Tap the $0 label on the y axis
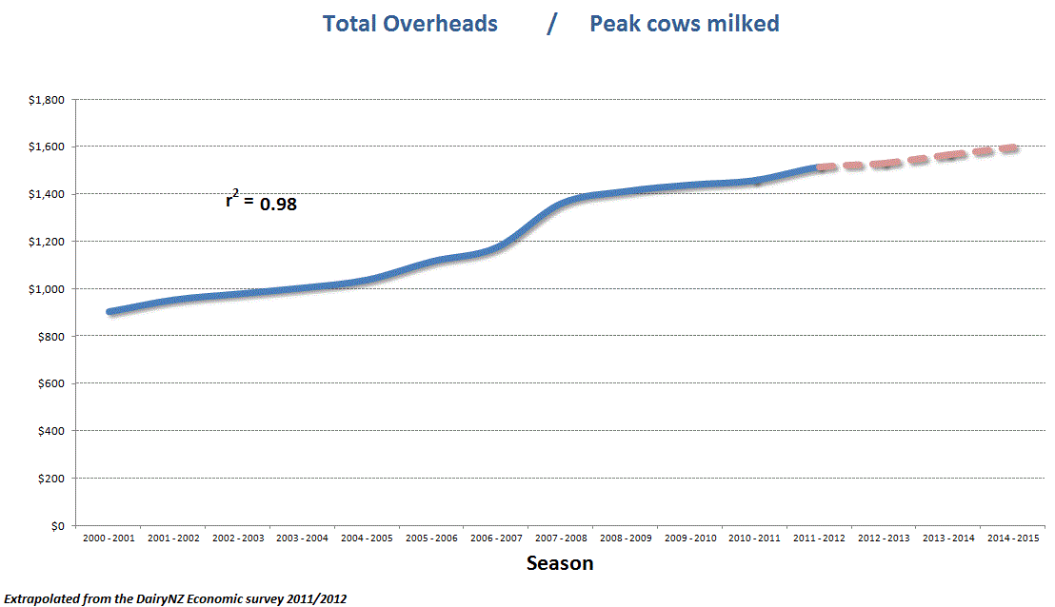point(58,526)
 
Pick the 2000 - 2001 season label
point(108,538)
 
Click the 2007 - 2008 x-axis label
point(561,538)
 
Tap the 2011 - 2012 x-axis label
point(820,538)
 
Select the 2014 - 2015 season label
point(1014,538)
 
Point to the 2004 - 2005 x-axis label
point(367,538)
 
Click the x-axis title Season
point(560,563)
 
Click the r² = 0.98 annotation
point(261,201)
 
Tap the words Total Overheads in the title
point(409,24)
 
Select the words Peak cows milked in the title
point(684,24)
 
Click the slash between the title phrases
point(551,24)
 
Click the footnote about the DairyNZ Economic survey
point(174,598)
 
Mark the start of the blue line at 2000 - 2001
point(109,311)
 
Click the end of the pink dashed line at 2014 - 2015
point(1015,147)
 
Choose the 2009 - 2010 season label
point(690,538)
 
